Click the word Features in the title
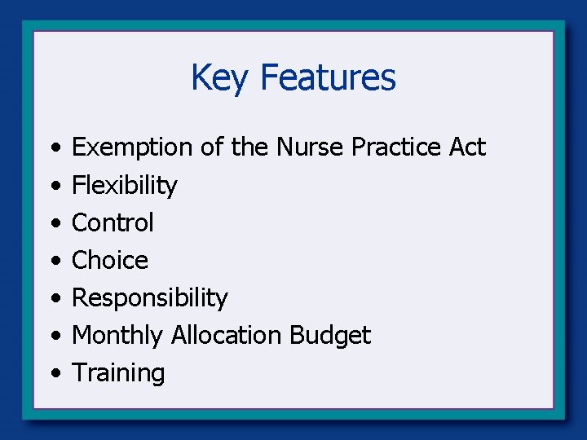click(x=328, y=78)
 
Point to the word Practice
click(x=397, y=147)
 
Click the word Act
click(x=467, y=147)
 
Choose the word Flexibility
click(x=124, y=186)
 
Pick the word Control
click(x=113, y=222)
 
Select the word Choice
click(x=110, y=260)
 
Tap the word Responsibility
click(x=149, y=297)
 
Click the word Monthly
click(x=118, y=335)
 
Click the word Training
click(x=118, y=373)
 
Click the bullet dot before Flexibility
click(x=53, y=187)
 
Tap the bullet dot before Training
click(x=53, y=374)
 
